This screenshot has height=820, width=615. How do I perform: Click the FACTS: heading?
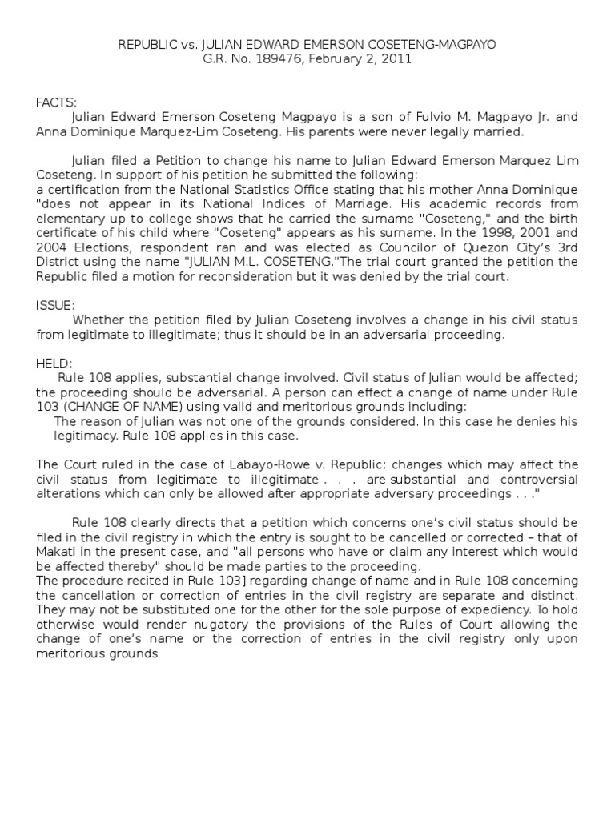tap(56, 102)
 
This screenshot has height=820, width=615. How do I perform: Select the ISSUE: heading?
tap(54, 305)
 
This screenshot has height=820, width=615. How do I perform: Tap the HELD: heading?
tap(53, 362)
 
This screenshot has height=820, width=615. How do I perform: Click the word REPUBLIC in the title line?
tap(150, 45)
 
